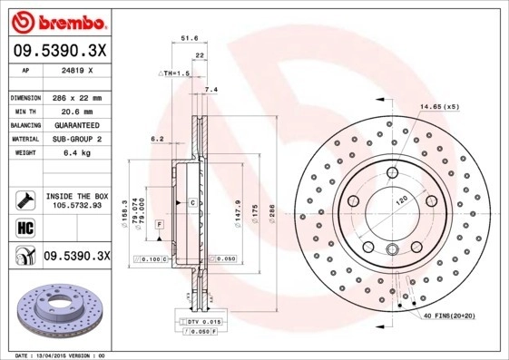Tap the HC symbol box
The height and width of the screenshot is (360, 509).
tap(24, 227)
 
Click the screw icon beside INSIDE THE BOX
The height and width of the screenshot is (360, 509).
tap(24, 199)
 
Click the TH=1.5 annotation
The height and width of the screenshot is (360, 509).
tap(176, 73)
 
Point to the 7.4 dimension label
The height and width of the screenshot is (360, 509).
tap(211, 90)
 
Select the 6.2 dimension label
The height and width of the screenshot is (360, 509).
tap(156, 139)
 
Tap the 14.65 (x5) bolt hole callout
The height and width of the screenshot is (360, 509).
tap(439, 107)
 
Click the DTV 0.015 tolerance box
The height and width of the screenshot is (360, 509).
tap(202, 322)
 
